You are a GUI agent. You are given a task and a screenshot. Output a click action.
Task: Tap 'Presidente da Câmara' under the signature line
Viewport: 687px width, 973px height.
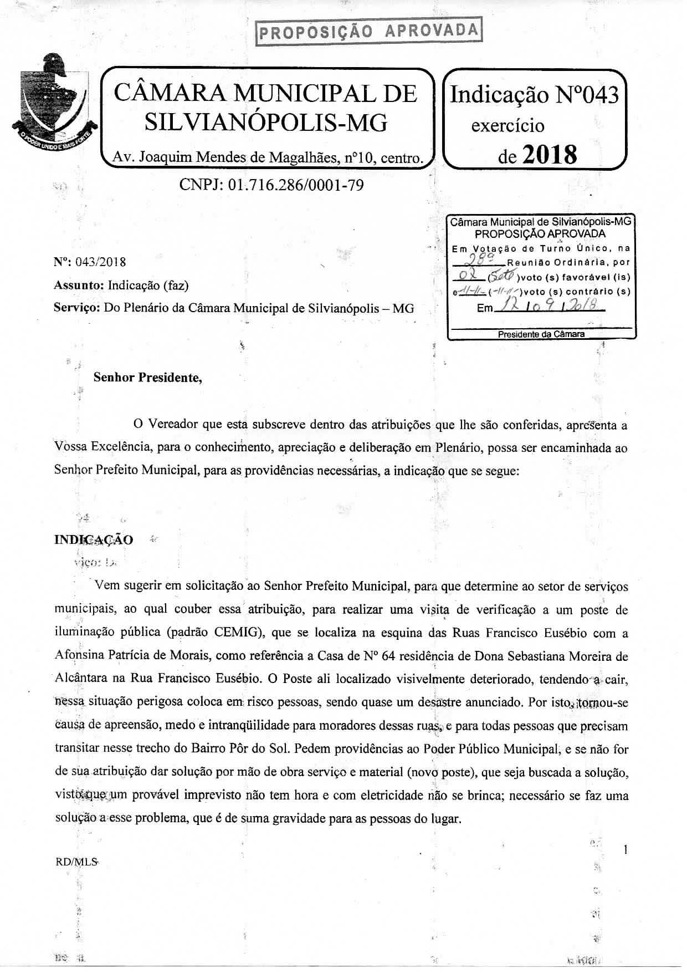click(x=541, y=334)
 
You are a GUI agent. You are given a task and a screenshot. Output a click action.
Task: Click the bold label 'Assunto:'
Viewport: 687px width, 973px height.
click(x=79, y=286)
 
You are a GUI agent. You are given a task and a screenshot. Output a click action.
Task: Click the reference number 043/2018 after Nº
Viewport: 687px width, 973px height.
click(x=104, y=262)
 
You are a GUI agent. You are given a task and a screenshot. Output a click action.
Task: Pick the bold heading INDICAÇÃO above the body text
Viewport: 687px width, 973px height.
click(x=94, y=539)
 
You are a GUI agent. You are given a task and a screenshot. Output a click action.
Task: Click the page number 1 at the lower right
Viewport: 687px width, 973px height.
click(x=626, y=849)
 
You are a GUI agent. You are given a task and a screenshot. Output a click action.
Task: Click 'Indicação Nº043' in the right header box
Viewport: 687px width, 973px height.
click(x=534, y=95)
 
